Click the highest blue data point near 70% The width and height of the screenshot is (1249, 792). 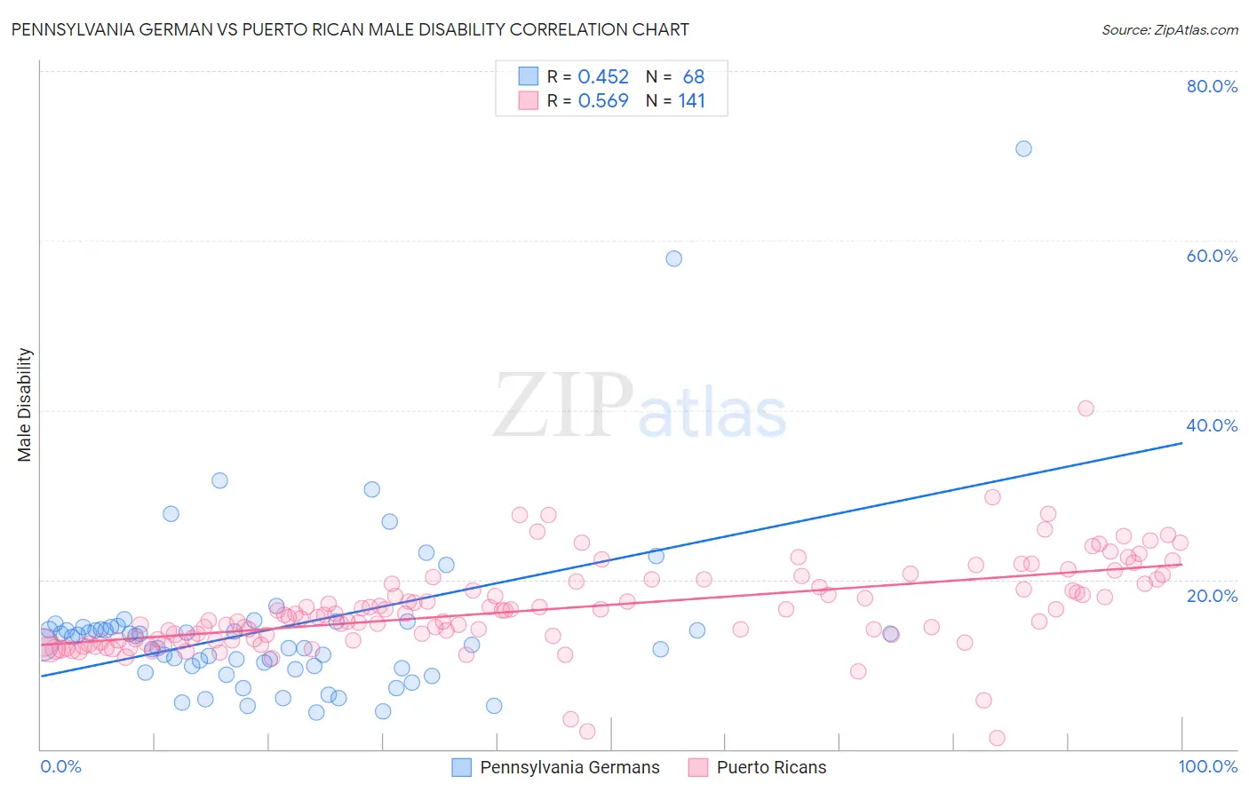point(1023,148)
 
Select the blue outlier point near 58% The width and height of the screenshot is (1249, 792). point(674,258)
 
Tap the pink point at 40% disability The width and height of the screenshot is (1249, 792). point(1086,408)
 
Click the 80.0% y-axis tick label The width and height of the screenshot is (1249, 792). point(1212,86)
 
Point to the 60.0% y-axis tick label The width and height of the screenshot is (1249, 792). point(1212,256)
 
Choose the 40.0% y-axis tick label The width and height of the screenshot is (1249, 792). point(1212,425)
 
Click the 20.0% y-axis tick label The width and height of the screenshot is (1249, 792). point(1212,596)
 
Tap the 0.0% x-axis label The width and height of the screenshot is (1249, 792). point(60,766)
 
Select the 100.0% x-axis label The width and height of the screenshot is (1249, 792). point(1208,766)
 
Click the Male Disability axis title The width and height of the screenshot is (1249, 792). point(25,405)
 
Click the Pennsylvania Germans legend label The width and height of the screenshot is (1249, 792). point(569,767)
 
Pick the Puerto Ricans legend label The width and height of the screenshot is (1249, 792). point(771,767)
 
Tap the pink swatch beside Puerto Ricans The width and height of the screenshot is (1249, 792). point(698,767)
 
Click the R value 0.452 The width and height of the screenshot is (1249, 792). point(603,77)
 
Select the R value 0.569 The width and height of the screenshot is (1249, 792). point(603,101)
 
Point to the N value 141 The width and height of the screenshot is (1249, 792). point(692,101)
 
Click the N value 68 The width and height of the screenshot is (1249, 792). point(694,77)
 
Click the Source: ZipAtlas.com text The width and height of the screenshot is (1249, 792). point(1170,30)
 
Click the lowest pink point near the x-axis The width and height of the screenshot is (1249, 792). point(997,738)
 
